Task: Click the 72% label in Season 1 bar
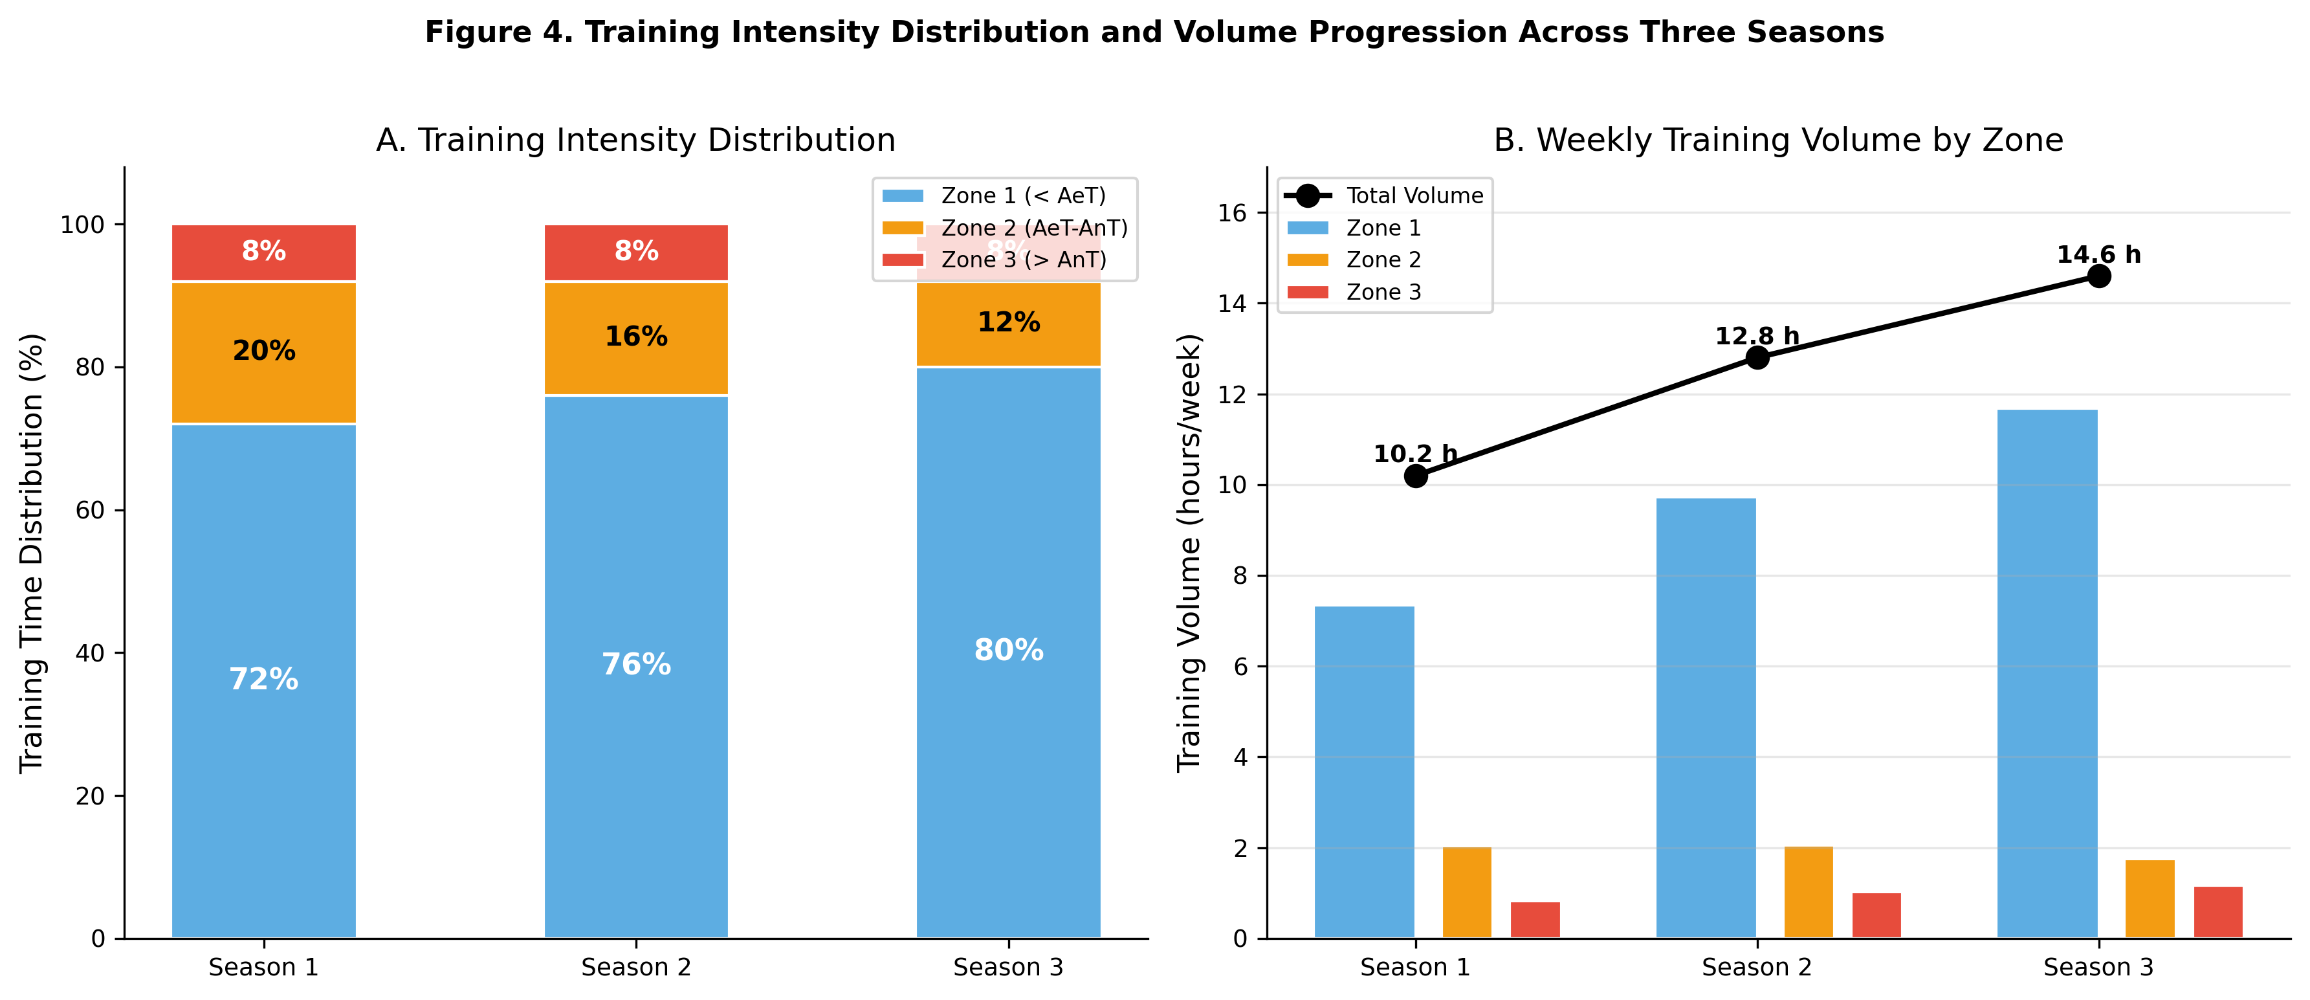coord(263,679)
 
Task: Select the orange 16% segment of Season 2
coord(636,338)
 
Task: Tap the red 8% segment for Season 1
coord(263,252)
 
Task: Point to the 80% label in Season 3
coord(1008,650)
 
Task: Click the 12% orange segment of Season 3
coord(1008,323)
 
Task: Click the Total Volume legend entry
coord(1413,195)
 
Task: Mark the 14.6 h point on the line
coord(2098,276)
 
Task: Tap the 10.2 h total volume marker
coord(1415,476)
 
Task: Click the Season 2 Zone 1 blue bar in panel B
coord(1706,718)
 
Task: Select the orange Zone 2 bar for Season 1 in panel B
coord(1466,893)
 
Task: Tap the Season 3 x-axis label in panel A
coord(1008,968)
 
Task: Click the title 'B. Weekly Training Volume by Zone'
coord(1778,141)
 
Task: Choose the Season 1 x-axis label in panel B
coord(1415,968)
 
